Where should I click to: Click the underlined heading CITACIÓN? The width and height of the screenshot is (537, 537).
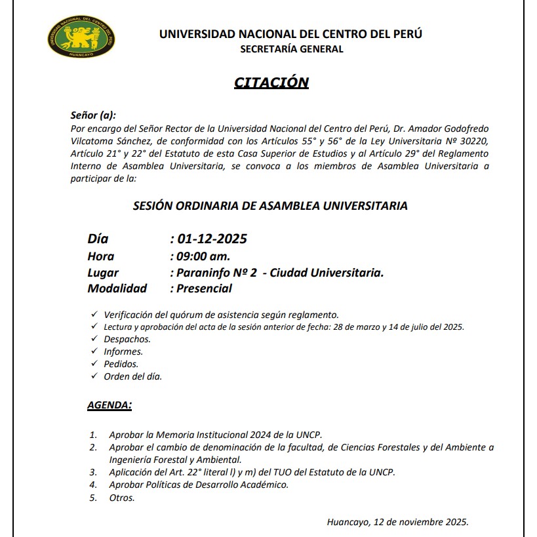[x=271, y=82]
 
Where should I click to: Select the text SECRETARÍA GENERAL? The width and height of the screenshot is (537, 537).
[x=291, y=49]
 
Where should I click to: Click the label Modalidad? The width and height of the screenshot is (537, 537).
[x=117, y=288]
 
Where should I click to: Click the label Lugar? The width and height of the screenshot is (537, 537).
[x=103, y=272]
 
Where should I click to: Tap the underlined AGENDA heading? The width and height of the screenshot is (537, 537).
[x=109, y=405]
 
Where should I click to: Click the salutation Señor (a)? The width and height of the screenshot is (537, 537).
[x=93, y=115]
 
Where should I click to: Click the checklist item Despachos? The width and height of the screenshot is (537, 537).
[x=127, y=339]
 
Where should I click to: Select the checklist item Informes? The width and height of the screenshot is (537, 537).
[x=123, y=351]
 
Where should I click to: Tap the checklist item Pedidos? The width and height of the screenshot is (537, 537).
[x=121, y=364]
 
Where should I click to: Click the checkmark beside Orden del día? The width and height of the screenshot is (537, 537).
[x=93, y=376]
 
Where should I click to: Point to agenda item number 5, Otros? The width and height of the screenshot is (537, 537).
[x=122, y=498]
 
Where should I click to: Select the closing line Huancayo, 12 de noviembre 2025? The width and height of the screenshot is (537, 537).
[x=397, y=522]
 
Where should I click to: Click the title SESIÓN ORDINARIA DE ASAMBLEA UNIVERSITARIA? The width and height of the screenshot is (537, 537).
[x=270, y=206]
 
